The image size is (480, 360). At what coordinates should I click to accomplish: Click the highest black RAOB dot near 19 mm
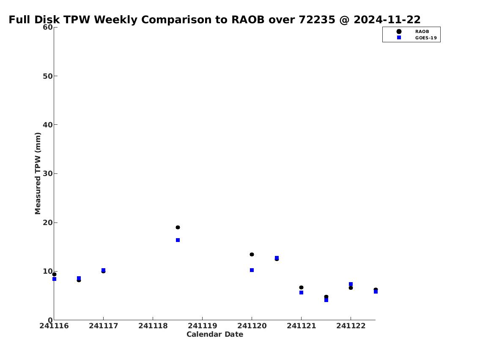click(178, 228)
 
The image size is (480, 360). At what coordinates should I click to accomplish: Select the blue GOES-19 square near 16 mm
click(178, 240)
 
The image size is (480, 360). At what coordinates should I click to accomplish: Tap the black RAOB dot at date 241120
click(252, 254)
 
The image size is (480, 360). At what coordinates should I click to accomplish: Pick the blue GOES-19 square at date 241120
click(252, 270)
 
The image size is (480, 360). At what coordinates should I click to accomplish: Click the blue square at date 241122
click(351, 284)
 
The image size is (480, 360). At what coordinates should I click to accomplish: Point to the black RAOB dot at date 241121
click(301, 287)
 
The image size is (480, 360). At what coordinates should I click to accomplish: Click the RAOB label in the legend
click(422, 32)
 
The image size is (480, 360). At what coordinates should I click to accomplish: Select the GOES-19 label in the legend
click(426, 38)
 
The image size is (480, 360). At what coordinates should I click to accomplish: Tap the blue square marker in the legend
click(399, 38)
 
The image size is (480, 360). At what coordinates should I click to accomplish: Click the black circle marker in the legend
click(399, 32)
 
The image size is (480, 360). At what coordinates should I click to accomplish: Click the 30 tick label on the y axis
click(48, 173)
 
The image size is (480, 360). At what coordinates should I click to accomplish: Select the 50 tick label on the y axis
click(48, 76)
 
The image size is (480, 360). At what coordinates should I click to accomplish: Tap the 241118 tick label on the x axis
click(153, 326)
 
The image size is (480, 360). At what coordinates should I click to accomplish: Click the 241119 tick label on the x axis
click(202, 326)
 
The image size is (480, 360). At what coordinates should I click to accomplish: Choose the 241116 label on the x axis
click(54, 326)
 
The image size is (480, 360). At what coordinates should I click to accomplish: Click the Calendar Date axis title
click(215, 334)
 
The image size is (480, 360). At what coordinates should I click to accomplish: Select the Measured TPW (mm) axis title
click(38, 173)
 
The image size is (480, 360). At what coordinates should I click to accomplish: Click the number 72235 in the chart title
click(317, 20)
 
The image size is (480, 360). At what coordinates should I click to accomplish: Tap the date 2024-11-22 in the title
click(387, 20)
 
